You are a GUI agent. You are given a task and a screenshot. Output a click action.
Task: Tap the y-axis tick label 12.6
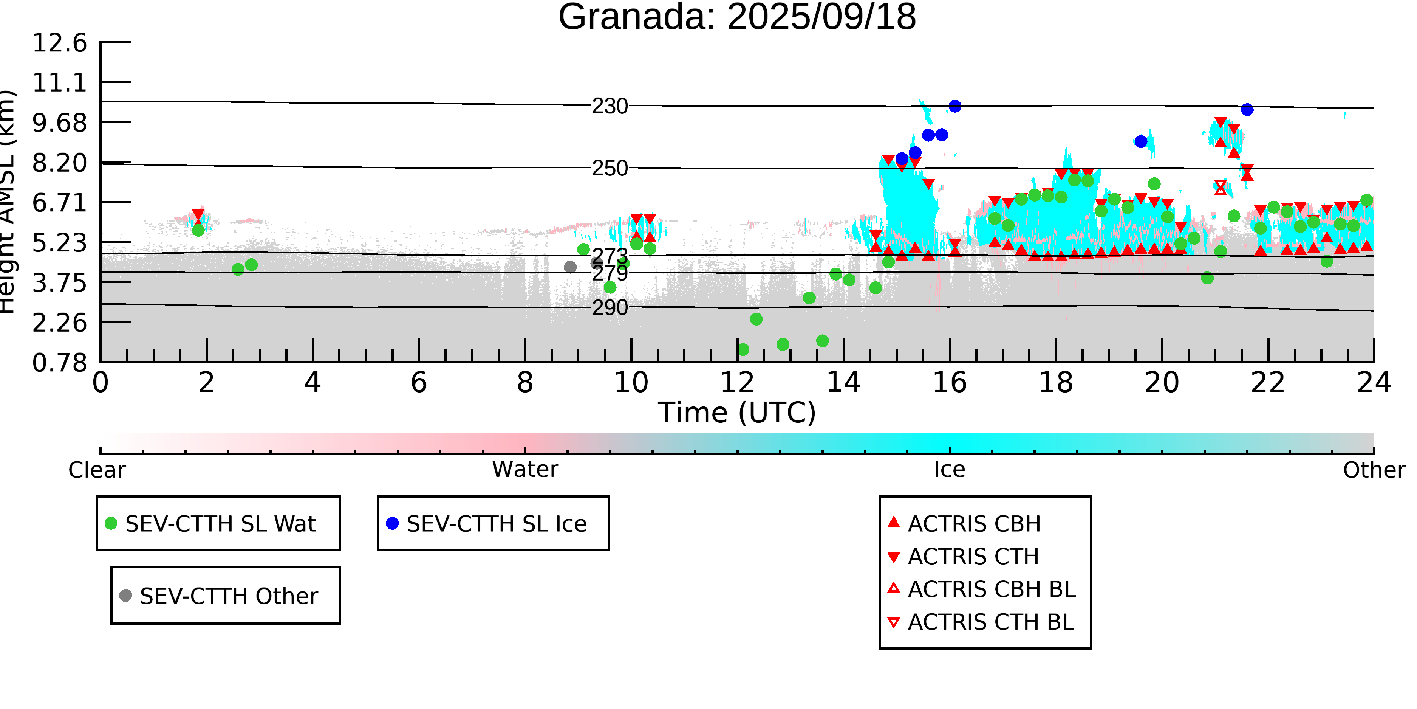(59, 43)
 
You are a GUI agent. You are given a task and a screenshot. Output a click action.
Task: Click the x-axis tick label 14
(843, 383)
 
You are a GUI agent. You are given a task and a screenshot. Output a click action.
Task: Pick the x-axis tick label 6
(419, 383)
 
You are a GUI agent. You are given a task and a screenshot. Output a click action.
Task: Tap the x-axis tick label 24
(1374, 383)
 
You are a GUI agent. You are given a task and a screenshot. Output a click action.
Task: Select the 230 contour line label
(609, 106)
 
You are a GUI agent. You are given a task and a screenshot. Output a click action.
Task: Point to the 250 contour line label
(609, 168)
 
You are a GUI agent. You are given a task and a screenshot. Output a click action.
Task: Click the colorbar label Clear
(97, 470)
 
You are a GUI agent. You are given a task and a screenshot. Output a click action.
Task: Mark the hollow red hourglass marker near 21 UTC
(1221, 188)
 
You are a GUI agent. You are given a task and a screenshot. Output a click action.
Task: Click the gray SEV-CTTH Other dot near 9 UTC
(570, 267)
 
